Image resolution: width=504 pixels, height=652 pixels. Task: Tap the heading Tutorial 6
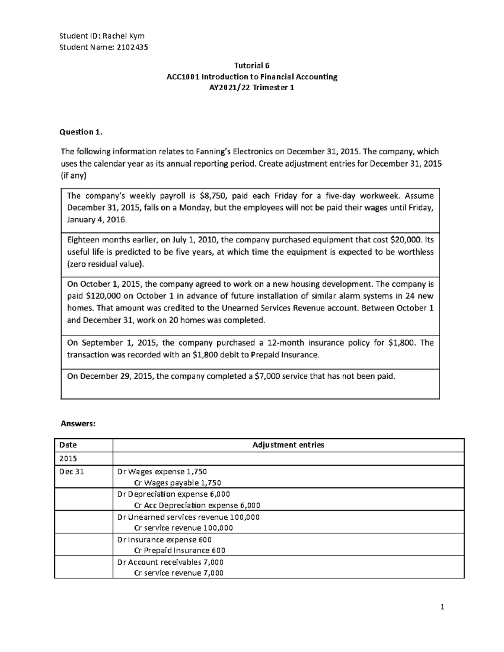(x=252, y=65)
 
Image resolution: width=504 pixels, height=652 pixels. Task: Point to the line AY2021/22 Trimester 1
(x=252, y=88)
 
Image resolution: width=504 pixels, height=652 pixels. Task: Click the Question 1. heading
(x=81, y=132)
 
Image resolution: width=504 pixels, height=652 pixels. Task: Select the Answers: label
(x=78, y=424)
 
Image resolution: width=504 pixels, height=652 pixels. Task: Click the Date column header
(x=68, y=445)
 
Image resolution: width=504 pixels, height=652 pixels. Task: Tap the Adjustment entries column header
(x=288, y=445)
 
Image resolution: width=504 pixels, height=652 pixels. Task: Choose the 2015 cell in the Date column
(x=68, y=458)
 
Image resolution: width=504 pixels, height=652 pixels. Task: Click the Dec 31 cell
(x=72, y=471)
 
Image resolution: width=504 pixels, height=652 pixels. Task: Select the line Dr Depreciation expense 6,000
(x=173, y=494)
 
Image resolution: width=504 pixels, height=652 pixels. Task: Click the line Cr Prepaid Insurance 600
(x=179, y=550)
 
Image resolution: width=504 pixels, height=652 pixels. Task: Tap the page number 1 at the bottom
(x=442, y=607)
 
